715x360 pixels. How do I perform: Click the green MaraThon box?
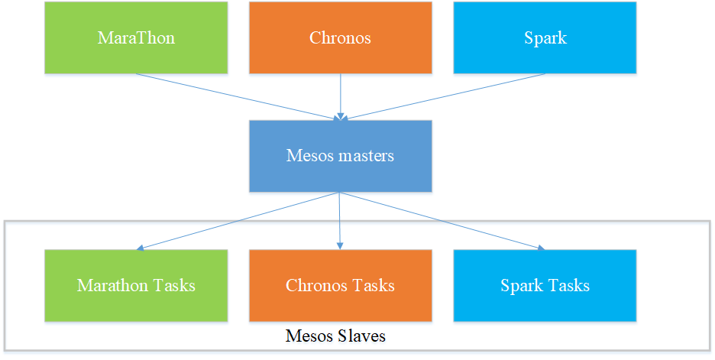tap(136, 37)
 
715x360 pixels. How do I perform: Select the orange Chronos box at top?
tap(340, 37)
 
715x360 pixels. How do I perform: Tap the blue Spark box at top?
tap(545, 37)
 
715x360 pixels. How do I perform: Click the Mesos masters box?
tap(340, 156)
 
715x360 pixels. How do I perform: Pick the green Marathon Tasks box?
tap(136, 285)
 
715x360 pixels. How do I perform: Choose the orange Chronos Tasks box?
tap(340, 285)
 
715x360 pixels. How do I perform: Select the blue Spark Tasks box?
tap(545, 285)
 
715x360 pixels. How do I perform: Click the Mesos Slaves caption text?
tap(335, 336)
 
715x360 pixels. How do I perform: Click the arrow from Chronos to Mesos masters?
tap(340, 96)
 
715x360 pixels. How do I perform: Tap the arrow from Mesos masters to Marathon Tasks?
tap(237, 221)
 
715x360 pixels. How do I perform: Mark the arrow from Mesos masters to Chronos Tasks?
tap(340, 222)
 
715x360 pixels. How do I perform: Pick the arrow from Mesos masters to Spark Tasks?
tap(443, 221)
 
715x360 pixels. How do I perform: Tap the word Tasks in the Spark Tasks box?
tap(568, 285)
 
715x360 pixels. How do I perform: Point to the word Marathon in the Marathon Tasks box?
tap(112, 285)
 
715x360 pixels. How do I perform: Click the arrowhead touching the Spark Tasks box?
tap(540, 248)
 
